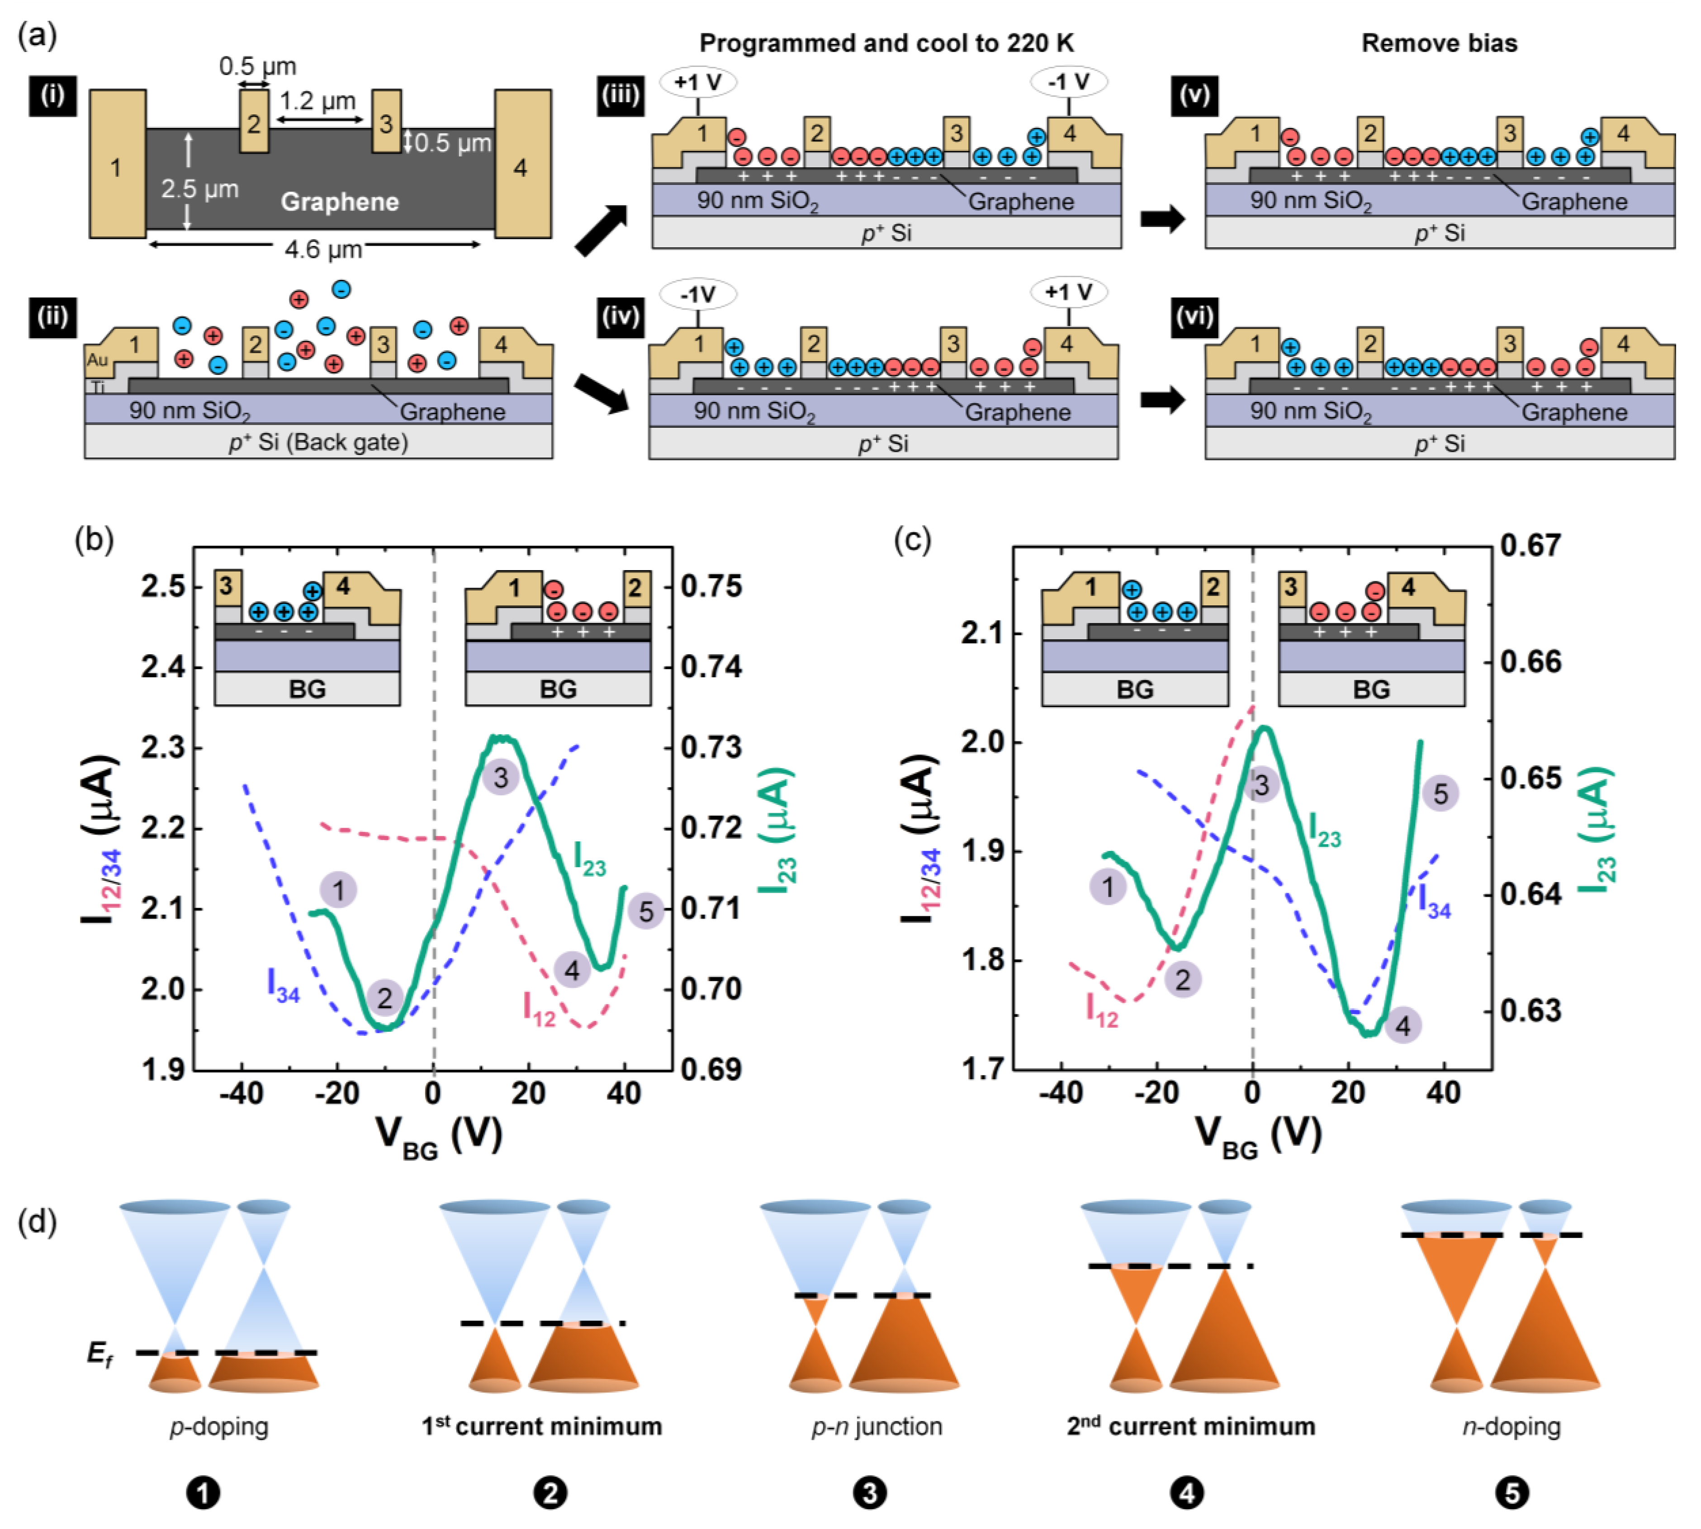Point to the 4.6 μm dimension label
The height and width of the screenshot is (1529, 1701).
click(323, 250)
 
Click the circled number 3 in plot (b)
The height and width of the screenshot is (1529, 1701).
click(501, 777)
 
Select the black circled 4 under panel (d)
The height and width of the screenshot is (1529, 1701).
click(1186, 1493)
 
